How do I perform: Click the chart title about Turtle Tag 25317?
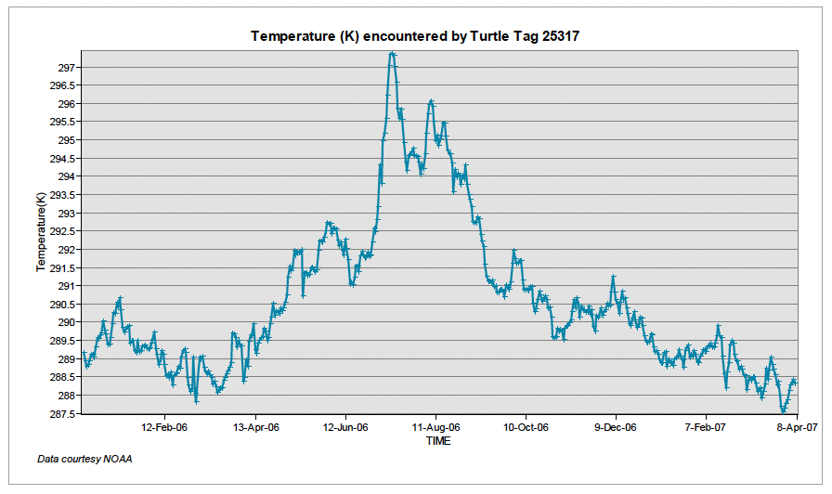coord(422,36)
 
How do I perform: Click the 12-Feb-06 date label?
coord(164,428)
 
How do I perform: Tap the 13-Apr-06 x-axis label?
coord(254,428)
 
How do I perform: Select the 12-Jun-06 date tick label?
coord(344,428)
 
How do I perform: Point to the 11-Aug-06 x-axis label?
coord(435,428)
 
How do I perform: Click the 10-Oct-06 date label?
coord(525,428)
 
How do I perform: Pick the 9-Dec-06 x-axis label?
coord(616,428)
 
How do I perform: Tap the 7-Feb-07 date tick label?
coord(706,428)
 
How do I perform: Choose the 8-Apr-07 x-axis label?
coord(796,428)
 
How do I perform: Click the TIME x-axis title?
coord(438,441)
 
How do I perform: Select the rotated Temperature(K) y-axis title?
coord(41,231)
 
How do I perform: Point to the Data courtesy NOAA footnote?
coord(84,460)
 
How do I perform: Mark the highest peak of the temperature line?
coord(392,54)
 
